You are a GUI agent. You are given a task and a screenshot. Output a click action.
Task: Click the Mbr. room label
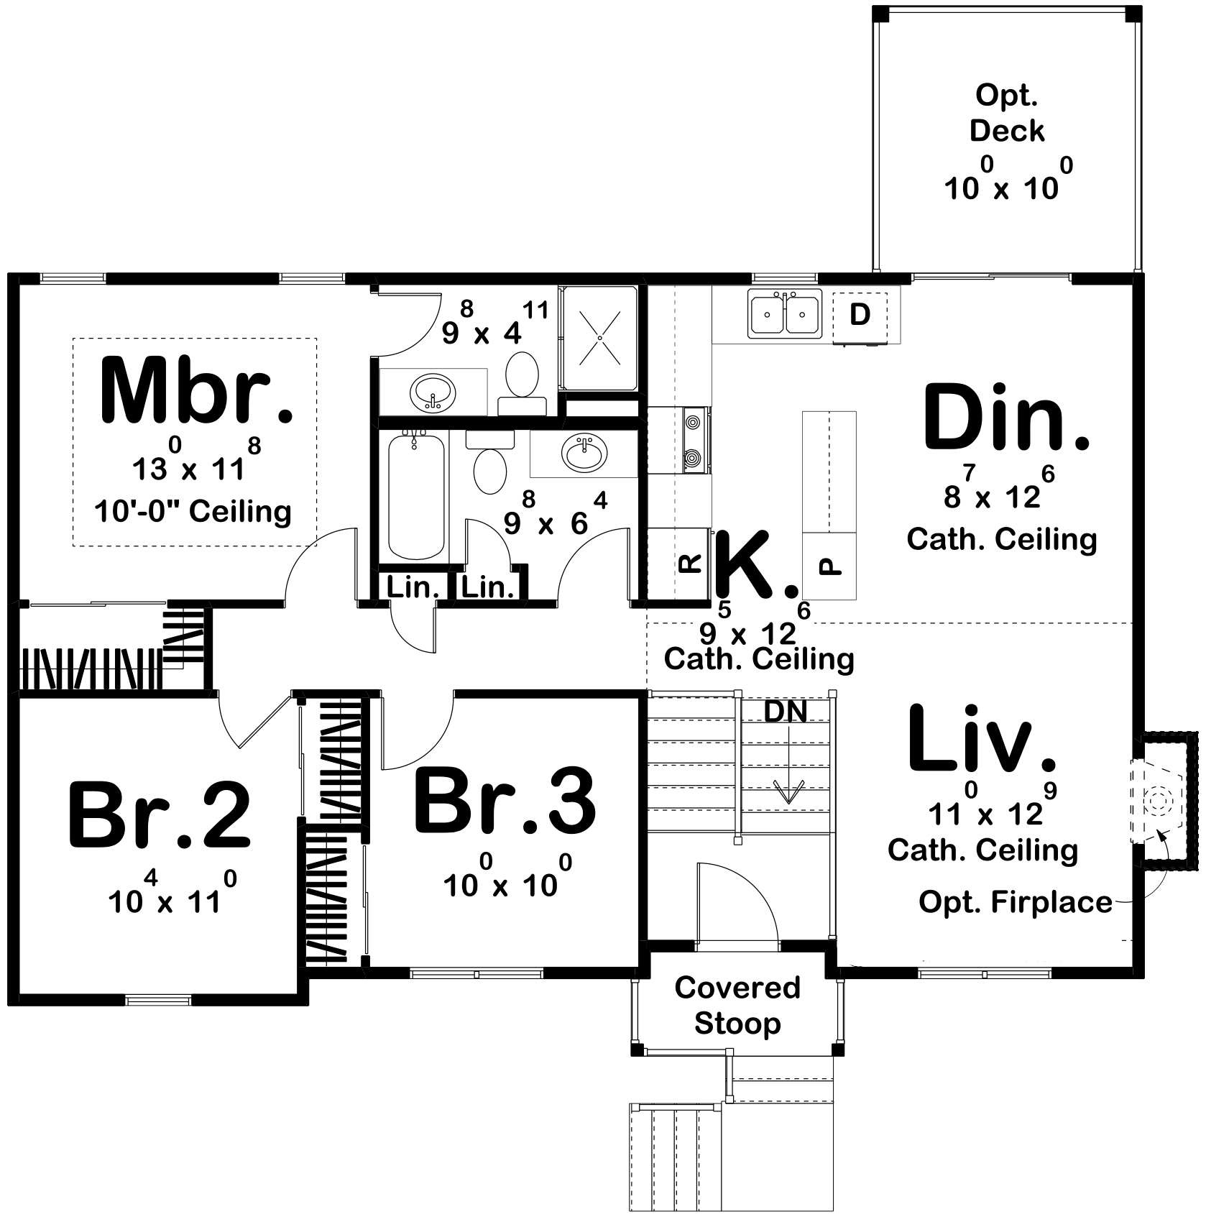195,391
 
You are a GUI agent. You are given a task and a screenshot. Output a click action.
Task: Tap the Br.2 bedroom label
160,817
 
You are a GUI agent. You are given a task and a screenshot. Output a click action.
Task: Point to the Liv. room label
982,738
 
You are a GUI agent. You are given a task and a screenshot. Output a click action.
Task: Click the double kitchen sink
785,314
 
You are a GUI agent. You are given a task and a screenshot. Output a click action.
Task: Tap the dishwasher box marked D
860,315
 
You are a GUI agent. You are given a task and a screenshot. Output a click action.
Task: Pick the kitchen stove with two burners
693,438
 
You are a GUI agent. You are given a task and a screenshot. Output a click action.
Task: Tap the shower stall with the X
599,338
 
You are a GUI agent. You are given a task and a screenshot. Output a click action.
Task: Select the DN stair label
785,711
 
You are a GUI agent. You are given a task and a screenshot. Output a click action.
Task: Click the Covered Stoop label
737,1005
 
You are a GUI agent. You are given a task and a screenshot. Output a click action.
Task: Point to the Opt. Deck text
1006,113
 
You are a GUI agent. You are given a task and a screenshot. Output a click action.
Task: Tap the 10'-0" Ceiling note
193,512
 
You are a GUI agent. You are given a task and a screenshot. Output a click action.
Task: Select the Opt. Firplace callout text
1015,901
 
